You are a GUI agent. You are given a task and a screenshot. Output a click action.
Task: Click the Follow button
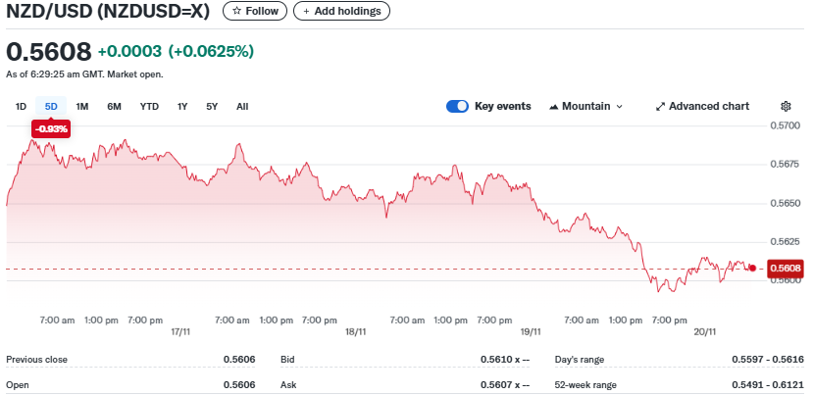pyautogui.click(x=255, y=11)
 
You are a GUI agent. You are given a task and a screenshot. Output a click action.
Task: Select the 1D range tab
pyautogui.click(x=21, y=106)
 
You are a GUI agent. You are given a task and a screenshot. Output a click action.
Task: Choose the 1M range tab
pyautogui.click(x=82, y=106)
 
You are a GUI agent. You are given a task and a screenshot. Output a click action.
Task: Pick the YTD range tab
pyautogui.click(x=149, y=106)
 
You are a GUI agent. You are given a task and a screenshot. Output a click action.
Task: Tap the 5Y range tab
pyautogui.click(x=212, y=106)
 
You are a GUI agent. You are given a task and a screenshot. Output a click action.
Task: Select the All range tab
pyautogui.click(x=242, y=106)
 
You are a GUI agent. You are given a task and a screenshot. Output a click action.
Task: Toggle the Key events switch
pyautogui.click(x=457, y=106)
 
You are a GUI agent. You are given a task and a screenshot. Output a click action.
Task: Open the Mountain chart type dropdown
pyautogui.click(x=585, y=106)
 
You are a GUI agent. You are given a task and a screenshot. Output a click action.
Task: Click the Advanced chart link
pyautogui.click(x=702, y=106)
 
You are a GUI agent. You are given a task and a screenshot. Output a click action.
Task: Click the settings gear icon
pyautogui.click(x=786, y=106)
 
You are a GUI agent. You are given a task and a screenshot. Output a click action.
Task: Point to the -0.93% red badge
pyautogui.click(x=51, y=128)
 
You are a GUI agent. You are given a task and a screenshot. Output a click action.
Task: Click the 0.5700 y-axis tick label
pyautogui.click(x=787, y=125)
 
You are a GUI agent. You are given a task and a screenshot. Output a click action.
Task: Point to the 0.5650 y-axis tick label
pyautogui.click(x=787, y=203)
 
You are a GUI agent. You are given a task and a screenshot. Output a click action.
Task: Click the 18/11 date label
pyautogui.click(x=356, y=332)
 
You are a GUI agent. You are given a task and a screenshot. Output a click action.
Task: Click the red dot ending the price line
pyautogui.click(x=752, y=269)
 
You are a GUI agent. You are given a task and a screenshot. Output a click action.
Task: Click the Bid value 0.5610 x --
pyautogui.click(x=505, y=360)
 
